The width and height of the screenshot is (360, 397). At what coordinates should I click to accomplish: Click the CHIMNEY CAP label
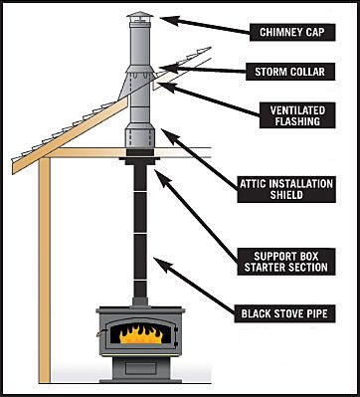(x=292, y=32)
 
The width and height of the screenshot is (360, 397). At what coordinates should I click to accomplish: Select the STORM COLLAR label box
(x=290, y=72)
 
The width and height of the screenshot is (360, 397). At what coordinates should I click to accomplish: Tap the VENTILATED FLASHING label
(x=297, y=115)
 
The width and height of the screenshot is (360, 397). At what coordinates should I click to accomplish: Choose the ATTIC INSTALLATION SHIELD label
(x=286, y=189)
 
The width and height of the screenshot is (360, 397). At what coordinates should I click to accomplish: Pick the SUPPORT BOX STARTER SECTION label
(x=286, y=262)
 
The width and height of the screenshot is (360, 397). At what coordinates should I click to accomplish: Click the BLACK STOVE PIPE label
(x=284, y=313)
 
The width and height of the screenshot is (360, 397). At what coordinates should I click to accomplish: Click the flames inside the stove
(x=141, y=334)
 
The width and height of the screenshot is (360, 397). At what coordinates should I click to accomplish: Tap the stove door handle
(x=99, y=333)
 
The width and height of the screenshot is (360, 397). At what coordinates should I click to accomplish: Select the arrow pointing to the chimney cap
(x=205, y=25)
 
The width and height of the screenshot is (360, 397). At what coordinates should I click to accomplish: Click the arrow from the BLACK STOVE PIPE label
(x=194, y=286)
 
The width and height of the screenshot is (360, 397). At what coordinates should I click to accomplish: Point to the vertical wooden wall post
(x=45, y=271)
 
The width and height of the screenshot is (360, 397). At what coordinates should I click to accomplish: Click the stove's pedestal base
(x=140, y=370)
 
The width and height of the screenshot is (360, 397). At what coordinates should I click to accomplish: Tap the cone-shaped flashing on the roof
(x=136, y=82)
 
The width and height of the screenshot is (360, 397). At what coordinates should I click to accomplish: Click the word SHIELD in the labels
(x=286, y=195)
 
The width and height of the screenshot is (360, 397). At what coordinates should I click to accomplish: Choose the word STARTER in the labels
(x=266, y=267)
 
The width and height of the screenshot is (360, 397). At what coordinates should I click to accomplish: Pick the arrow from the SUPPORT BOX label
(x=196, y=215)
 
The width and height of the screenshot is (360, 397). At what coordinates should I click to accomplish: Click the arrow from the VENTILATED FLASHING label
(x=210, y=99)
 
